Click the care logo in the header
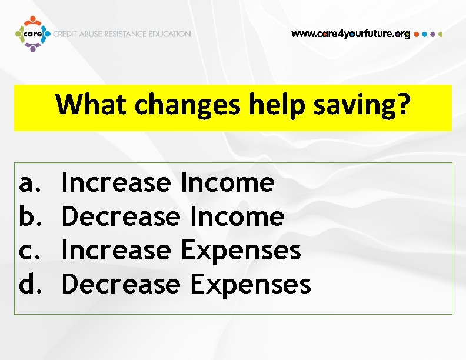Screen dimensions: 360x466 point(32,34)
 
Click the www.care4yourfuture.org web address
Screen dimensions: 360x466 point(351,34)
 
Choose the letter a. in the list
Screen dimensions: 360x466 point(28,183)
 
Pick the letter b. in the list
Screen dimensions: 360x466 point(28,216)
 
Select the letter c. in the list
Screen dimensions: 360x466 point(28,251)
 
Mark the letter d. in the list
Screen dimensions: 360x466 point(28,284)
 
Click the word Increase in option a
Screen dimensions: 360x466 point(116,183)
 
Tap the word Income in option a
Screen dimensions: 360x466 point(228,183)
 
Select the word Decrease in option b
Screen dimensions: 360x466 point(121,216)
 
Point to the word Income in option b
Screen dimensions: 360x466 point(238,216)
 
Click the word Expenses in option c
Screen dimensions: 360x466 point(241,251)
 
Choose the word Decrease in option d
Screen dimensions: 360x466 point(121,284)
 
